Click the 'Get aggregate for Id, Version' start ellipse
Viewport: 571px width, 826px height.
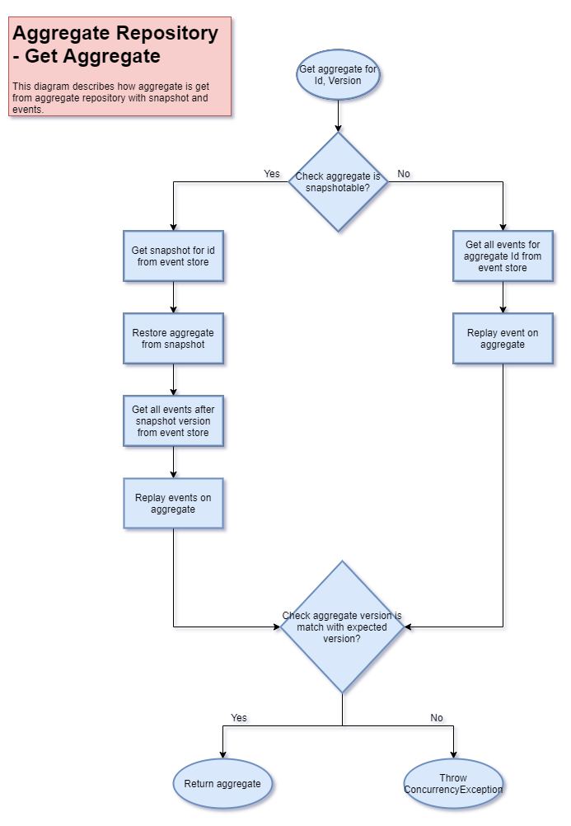(x=339, y=75)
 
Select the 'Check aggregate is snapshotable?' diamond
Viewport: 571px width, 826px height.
(x=339, y=182)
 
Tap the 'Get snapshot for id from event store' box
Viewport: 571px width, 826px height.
(x=174, y=256)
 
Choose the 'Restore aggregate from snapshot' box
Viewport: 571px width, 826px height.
(x=174, y=339)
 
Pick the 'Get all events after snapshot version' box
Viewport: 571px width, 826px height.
(x=174, y=421)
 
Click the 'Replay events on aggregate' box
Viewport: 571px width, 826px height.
(x=174, y=504)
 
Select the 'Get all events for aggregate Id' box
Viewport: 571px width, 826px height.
(x=503, y=256)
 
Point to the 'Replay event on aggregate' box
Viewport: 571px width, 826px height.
(x=503, y=339)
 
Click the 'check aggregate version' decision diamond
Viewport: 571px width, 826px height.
(x=343, y=627)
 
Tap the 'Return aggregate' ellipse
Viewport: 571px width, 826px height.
(x=222, y=784)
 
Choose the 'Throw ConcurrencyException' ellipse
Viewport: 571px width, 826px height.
(x=453, y=784)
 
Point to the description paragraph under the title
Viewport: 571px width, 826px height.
(x=115, y=97)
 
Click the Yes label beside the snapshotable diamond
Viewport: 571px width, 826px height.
(x=274, y=176)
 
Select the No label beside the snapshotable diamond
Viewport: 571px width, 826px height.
(x=405, y=176)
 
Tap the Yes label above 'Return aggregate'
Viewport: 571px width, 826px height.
(x=241, y=720)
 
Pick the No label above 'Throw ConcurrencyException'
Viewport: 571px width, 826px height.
(x=438, y=720)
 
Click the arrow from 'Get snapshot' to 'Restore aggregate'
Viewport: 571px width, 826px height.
(x=176, y=298)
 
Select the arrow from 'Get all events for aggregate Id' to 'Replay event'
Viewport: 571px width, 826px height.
(x=505, y=299)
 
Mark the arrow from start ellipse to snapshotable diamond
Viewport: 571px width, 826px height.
(x=340, y=115)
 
